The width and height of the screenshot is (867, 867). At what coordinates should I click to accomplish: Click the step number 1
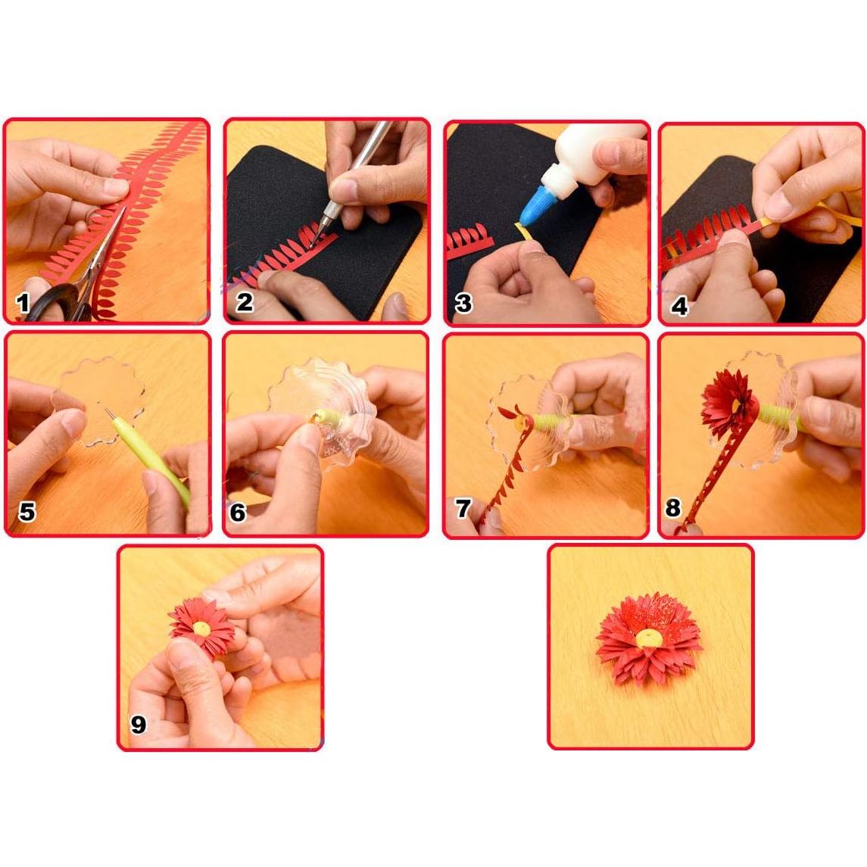(x=23, y=304)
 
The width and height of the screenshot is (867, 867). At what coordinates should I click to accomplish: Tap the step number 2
(x=244, y=302)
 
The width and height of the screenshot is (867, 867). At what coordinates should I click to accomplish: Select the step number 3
(x=463, y=304)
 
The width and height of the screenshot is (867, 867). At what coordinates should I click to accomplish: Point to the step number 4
(x=679, y=306)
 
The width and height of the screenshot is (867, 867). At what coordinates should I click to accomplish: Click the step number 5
(x=27, y=512)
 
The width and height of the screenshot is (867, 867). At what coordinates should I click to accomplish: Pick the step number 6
(x=238, y=513)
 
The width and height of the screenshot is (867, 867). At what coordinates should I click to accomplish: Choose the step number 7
(x=463, y=508)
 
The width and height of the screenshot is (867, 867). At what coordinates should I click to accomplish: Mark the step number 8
(x=672, y=507)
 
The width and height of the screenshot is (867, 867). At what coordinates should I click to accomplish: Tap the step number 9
(x=138, y=725)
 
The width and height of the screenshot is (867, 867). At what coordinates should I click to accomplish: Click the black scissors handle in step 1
(x=53, y=303)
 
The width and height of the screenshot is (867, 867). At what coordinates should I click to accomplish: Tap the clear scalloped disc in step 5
(x=106, y=394)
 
